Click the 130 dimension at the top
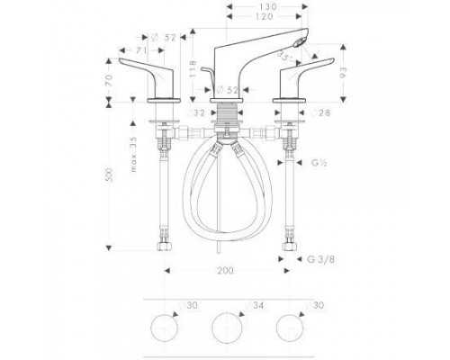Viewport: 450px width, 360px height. coord(265,6)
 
